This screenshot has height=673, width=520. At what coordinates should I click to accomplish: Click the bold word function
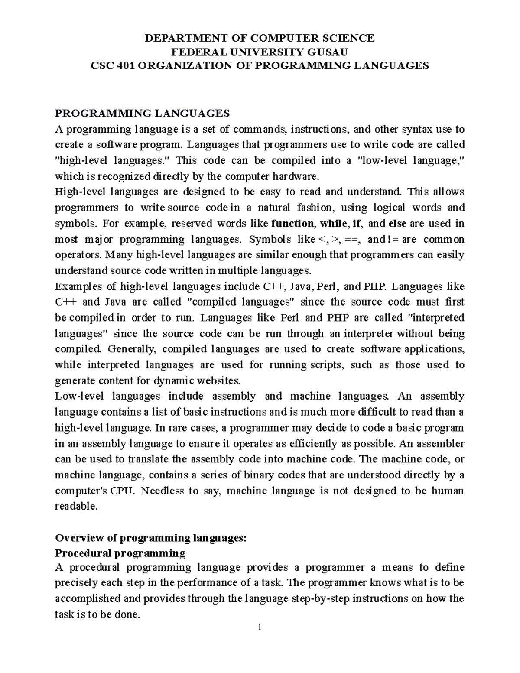pos(292,224)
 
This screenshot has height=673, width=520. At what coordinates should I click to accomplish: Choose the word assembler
pos(442,444)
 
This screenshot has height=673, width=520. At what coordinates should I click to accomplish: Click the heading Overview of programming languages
pos(150,538)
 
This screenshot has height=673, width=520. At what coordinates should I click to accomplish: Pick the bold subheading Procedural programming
pos(120,554)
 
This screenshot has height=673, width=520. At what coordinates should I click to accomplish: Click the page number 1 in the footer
pos(260,627)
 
